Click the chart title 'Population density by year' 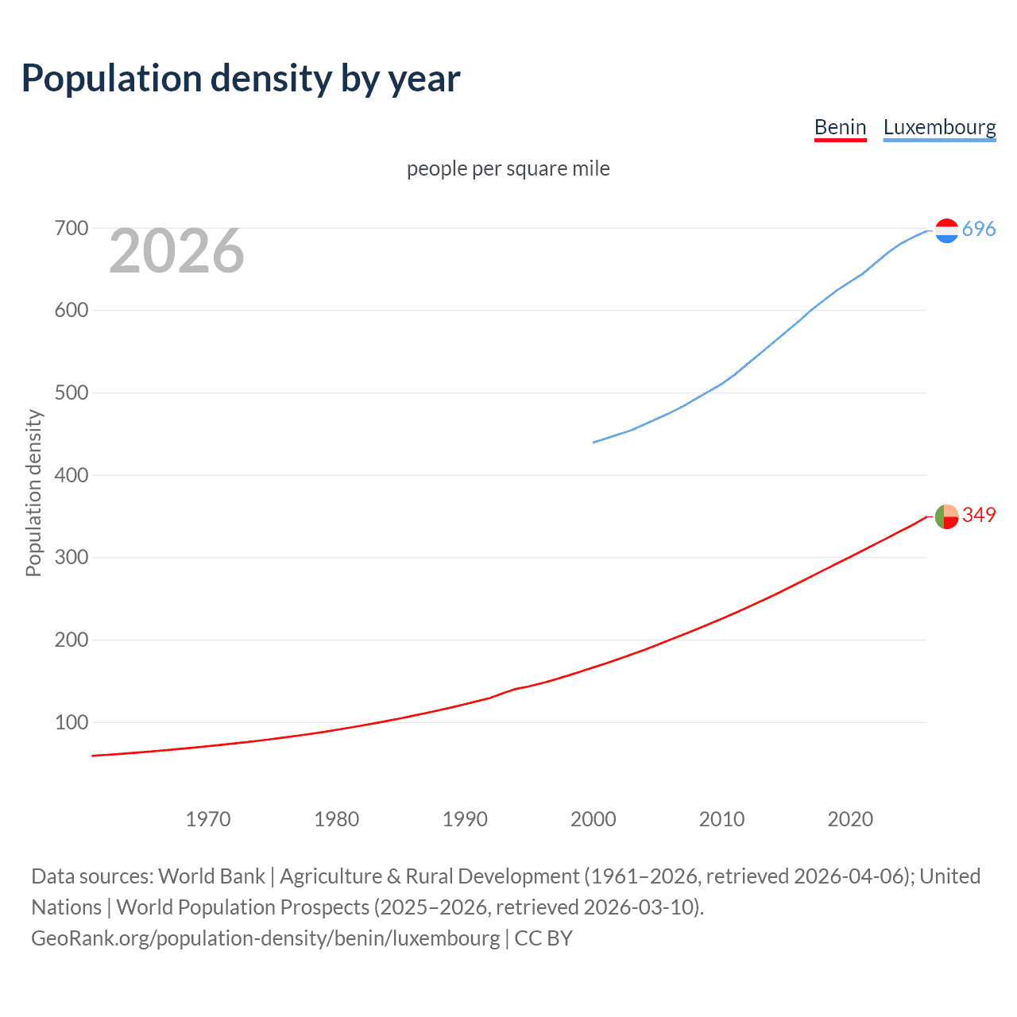(x=241, y=78)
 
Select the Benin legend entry (x=840, y=127)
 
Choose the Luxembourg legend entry (x=939, y=127)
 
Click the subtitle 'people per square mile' (x=508, y=168)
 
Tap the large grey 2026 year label (x=176, y=251)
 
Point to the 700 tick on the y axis (x=71, y=229)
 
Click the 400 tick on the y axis (x=71, y=475)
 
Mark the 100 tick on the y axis (x=71, y=722)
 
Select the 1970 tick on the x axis (x=208, y=819)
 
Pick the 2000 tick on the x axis (x=594, y=819)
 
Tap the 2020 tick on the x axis (x=850, y=819)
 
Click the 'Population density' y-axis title (x=33, y=493)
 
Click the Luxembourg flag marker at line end (x=946, y=230)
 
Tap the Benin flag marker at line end (x=946, y=516)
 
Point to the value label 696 (x=979, y=229)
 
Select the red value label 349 (x=979, y=515)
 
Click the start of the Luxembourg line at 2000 (x=594, y=442)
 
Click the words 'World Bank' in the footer (x=211, y=876)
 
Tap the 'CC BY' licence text (x=543, y=938)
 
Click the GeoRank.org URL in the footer (x=265, y=938)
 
